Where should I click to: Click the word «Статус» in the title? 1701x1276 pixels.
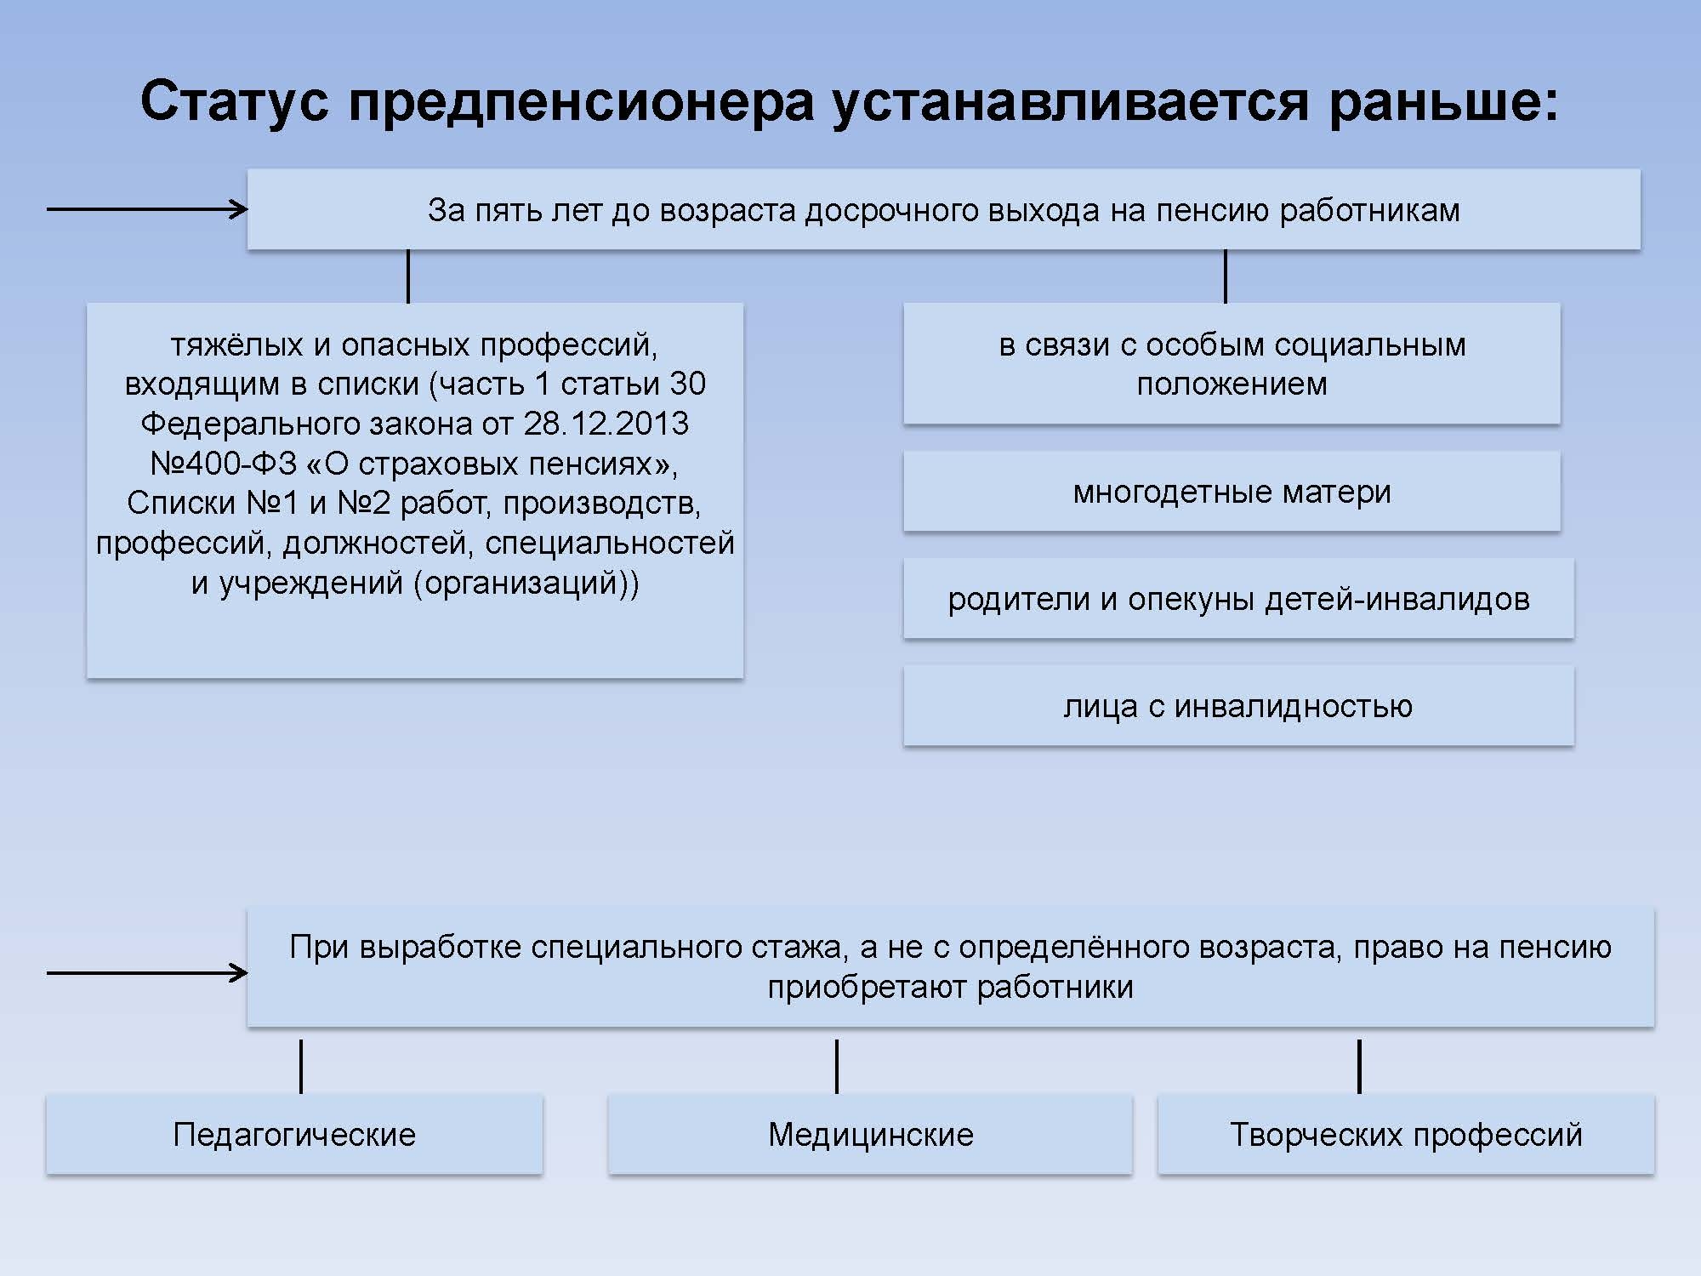tap(234, 101)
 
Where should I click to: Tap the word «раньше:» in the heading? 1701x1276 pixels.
tap(1444, 101)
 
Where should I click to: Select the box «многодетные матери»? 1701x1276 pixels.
tap(1232, 492)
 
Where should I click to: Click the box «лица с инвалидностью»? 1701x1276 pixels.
tap(1238, 706)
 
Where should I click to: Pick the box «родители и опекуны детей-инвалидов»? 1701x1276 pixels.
tap(1238, 599)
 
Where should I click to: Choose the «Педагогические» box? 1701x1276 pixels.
tap(294, 1135)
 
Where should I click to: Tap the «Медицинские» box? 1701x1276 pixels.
tap(870, 1135)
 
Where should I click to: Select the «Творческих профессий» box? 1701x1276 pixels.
tap(1406, 1135)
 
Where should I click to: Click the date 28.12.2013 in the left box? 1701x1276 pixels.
tap(606, 424)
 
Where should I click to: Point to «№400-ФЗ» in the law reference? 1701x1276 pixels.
tap(224, 464)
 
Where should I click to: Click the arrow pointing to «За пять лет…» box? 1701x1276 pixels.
tap(147, 209)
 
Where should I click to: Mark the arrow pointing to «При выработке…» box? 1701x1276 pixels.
tap(147, 973)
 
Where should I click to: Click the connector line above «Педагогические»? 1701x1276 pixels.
tap(301, 1066)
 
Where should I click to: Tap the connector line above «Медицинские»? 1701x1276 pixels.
tap(837, 1066)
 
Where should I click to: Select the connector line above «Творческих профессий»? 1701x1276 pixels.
tap(1359, 1066)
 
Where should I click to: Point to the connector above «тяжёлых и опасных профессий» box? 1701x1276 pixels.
tap(408, 276)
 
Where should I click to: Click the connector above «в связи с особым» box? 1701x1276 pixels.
tap(1225, 276)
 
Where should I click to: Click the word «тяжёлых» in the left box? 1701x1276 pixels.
tap(237, 345)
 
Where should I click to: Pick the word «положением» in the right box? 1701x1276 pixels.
tap(1232, 385)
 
